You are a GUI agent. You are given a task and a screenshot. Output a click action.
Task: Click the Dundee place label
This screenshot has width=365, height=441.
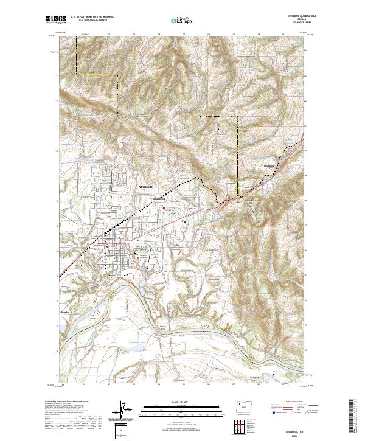point(66,313)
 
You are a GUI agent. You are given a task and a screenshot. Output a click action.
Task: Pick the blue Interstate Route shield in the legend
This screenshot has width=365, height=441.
point(271,412)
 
